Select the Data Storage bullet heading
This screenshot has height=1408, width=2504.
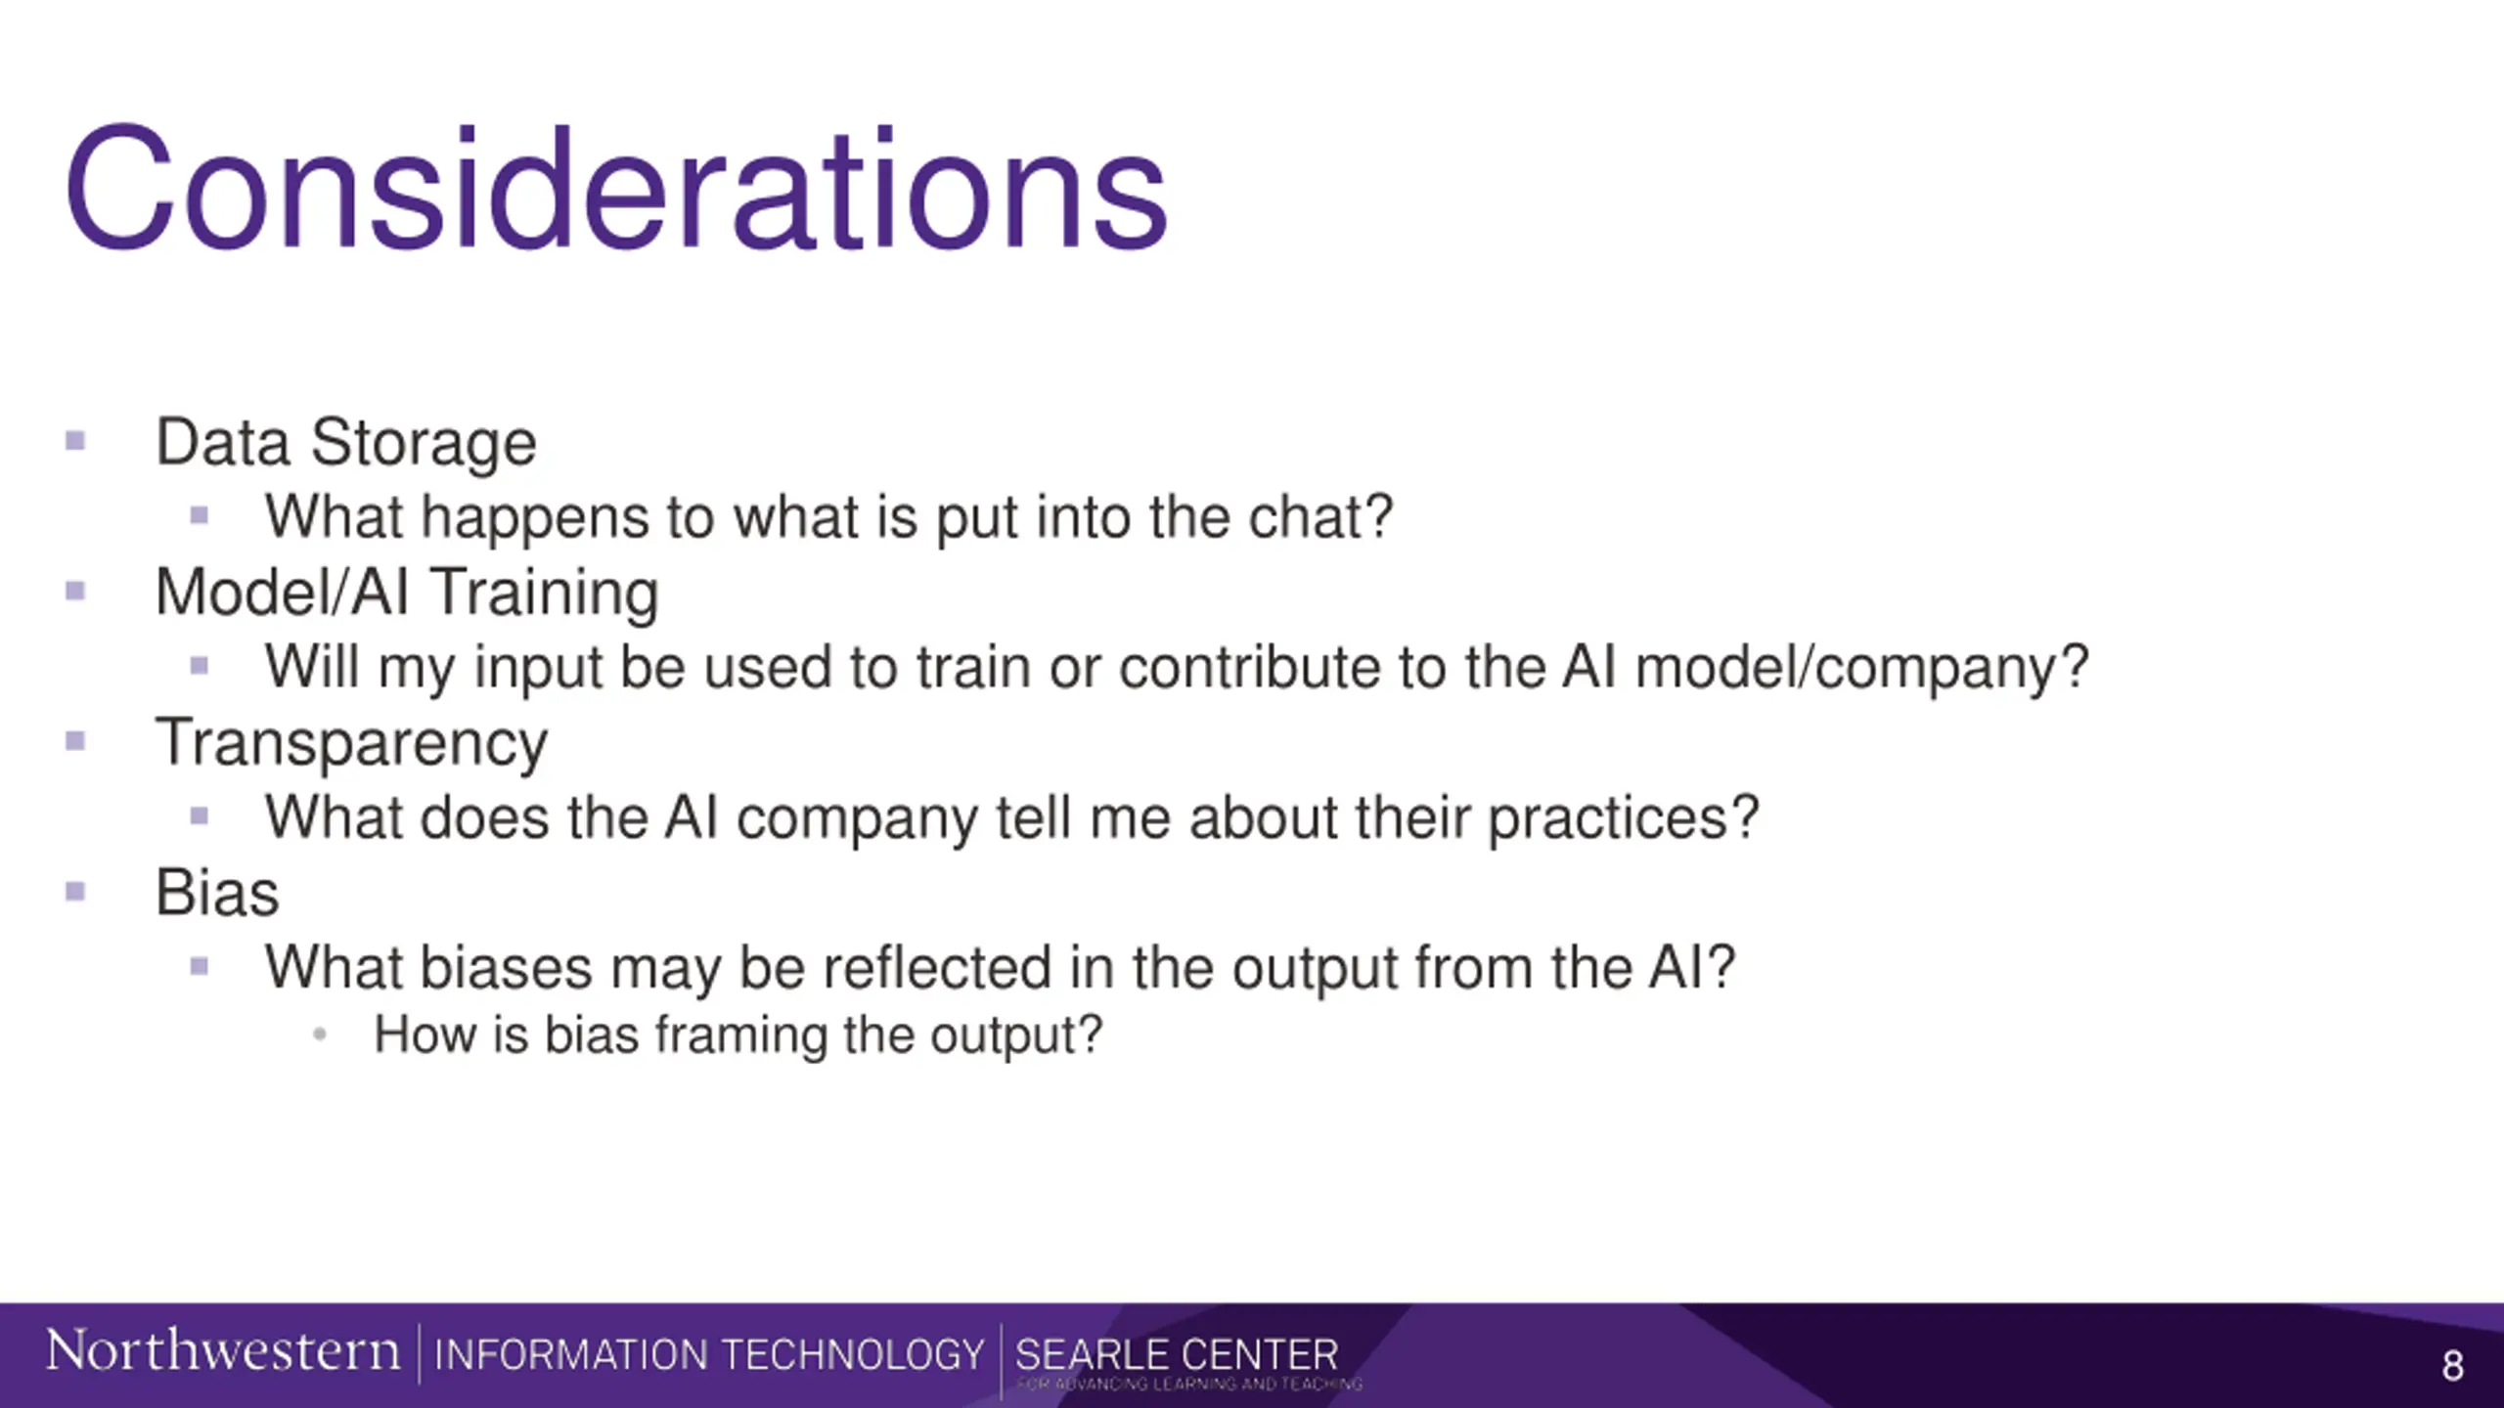346,443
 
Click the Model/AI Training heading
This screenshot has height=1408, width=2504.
407,594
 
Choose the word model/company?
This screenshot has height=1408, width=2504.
1862,669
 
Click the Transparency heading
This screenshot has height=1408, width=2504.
352,744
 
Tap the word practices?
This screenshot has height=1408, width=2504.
1624,818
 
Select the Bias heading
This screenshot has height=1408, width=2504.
217,893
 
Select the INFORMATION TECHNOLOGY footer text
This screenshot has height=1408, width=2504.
709,1355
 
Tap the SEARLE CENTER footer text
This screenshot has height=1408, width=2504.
1177,1355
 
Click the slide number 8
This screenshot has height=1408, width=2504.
2452,1366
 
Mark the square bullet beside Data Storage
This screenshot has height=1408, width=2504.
75,441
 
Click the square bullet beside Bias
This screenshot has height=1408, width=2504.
75,892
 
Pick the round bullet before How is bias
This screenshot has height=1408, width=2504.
319,1034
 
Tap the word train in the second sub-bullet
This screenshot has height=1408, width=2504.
973,667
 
